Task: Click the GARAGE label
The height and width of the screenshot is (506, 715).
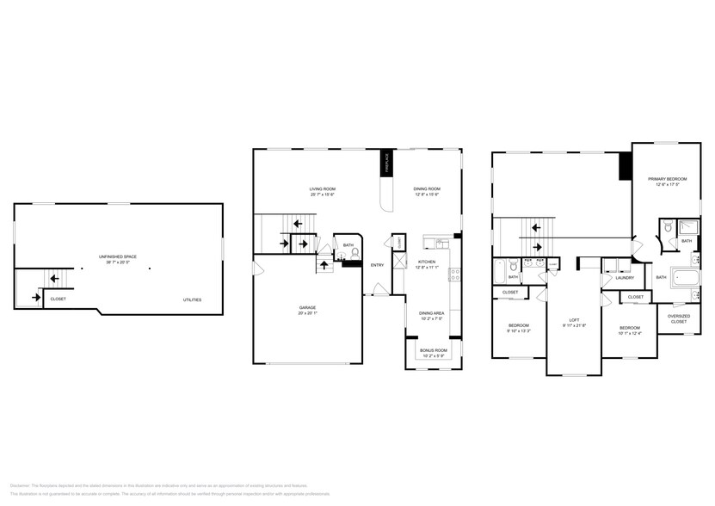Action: (307, 307)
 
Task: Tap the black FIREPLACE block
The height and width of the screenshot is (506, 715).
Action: (387, 164)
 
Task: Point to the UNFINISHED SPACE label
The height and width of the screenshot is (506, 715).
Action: (117, 256)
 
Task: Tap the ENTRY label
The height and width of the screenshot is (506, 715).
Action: (378, 265)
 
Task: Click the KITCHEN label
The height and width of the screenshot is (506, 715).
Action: (427, 262)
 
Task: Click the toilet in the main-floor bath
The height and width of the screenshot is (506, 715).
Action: (354, 255)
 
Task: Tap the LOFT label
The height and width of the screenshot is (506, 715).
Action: (574, 319)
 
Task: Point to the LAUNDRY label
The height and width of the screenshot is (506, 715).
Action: (625, 278)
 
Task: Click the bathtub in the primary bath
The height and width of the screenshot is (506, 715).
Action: (686, 278)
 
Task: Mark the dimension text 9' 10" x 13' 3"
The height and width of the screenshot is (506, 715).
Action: (518, 330)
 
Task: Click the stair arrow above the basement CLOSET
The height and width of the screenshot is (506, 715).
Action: (53, 278)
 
